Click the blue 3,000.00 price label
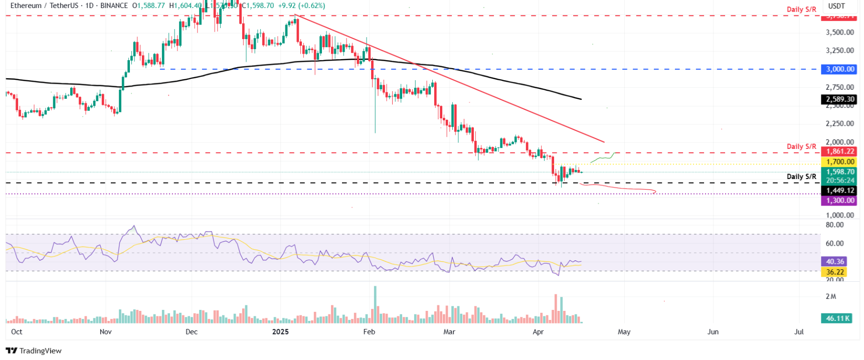840,69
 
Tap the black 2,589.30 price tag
840,99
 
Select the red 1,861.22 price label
840,151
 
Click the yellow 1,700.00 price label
840,162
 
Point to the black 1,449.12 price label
840,191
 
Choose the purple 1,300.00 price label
840,201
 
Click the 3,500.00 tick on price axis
839,32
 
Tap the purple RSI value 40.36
835,262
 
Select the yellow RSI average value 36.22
835,272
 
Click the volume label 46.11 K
837,318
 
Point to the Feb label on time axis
369,332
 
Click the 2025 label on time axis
280,332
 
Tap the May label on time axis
624,332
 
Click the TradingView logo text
34,351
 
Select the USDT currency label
836,6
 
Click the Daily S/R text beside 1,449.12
801,176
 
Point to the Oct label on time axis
17,332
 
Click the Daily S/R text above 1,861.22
801,146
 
